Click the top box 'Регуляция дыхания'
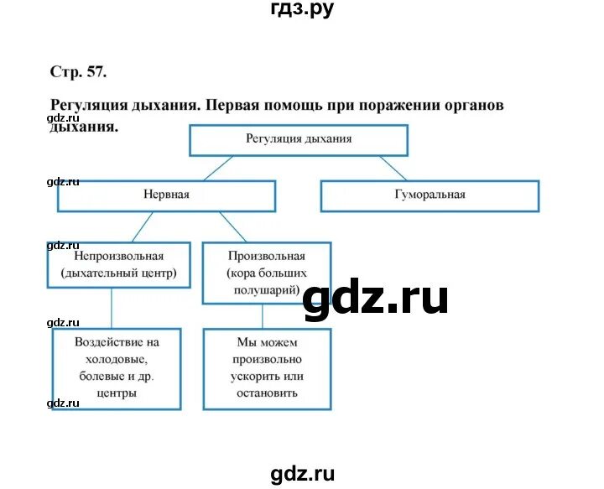299,140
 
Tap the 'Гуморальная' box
430,195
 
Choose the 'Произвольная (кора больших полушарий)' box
267,273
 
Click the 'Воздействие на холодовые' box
117,367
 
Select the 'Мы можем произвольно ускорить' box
267,367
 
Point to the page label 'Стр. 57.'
79,71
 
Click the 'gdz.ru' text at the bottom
303,474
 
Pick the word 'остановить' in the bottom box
267,393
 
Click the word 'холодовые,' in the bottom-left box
117,359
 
